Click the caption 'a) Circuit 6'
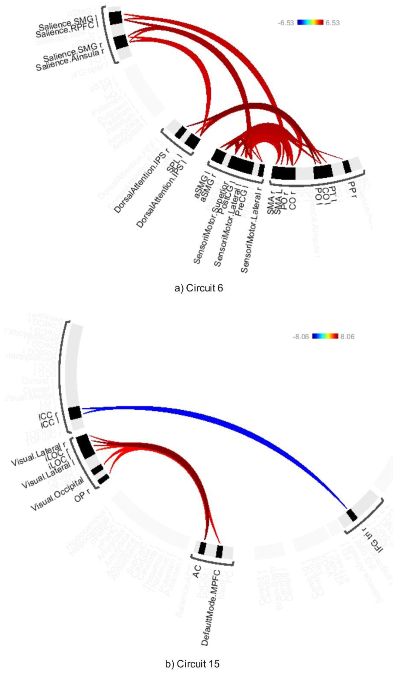point(198,288)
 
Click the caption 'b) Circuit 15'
point(192,664)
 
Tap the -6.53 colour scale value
point(286,23)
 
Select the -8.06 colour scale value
point(301,337)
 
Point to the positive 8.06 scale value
point(347,337)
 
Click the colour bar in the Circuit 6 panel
point(310,22)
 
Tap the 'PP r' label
point(351,189)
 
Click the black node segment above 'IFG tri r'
point(352,515)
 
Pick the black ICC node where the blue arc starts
point(75,413)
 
